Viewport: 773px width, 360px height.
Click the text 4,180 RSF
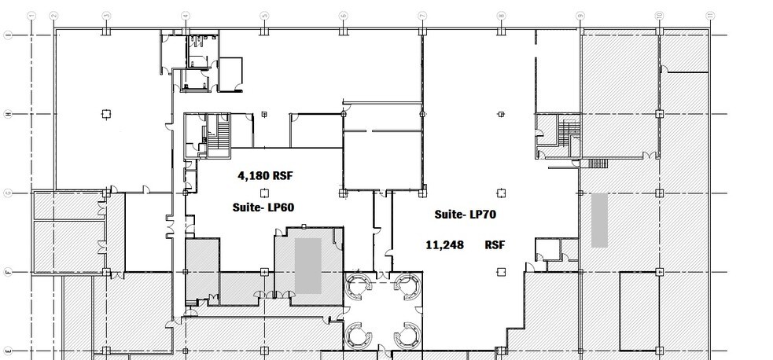[264, 176]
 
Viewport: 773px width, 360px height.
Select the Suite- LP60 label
[263, 208]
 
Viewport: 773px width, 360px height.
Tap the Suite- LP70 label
[465, 214]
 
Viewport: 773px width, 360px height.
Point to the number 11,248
[444, 245]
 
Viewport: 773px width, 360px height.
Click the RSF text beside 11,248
[495, 245]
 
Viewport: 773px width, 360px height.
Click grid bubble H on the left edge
[8, 115]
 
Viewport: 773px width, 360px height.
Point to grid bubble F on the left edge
[8, 272]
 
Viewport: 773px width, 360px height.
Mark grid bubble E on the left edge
[8, 351]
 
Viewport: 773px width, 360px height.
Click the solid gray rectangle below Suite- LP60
[307, 266]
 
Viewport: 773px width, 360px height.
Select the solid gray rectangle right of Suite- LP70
[599, 220]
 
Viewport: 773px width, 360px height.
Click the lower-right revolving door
[407, 336]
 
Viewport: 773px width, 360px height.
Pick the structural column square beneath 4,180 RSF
[264, 193]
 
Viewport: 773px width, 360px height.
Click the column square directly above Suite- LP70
[501, 193]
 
